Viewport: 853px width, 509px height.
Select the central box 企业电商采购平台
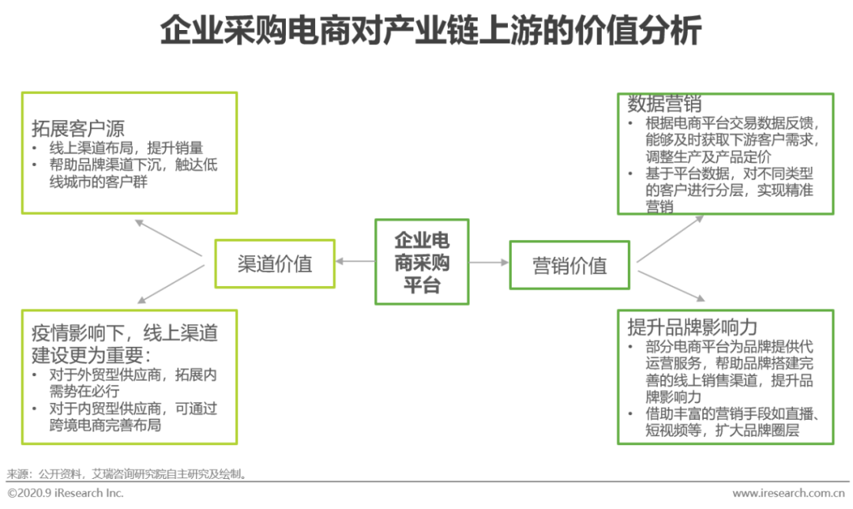tap(421, 262)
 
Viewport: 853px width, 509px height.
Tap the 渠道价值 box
tap(275, 264)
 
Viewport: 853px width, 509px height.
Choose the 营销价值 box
tap(569, 265)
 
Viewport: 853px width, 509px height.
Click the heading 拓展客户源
tap(78, 128)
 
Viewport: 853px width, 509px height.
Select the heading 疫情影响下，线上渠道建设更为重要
tap(124, 343)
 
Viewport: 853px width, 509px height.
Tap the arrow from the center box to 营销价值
tap(489, 262)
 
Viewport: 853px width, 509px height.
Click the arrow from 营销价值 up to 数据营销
tap(670, 238)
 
